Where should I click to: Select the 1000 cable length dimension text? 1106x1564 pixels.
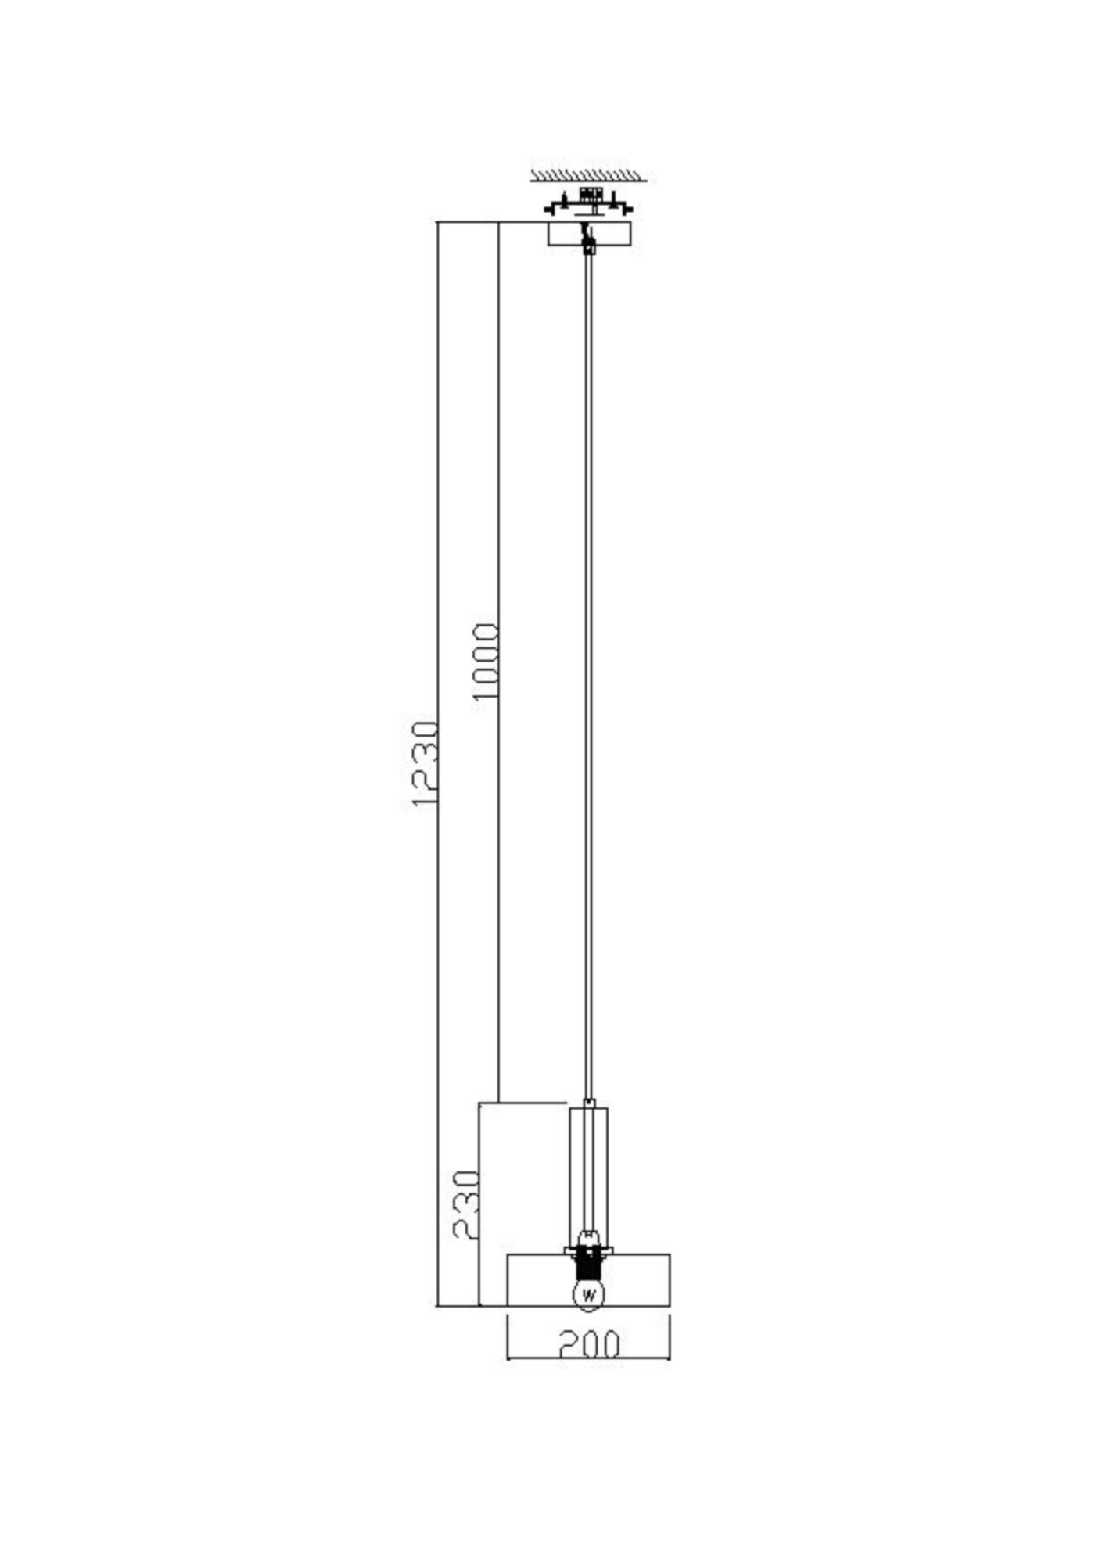coord(486,662)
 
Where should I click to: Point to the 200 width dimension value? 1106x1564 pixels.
coord(589,1344)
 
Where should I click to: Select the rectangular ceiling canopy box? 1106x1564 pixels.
coord(588,235)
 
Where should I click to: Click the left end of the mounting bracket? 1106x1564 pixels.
coord(548,210)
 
